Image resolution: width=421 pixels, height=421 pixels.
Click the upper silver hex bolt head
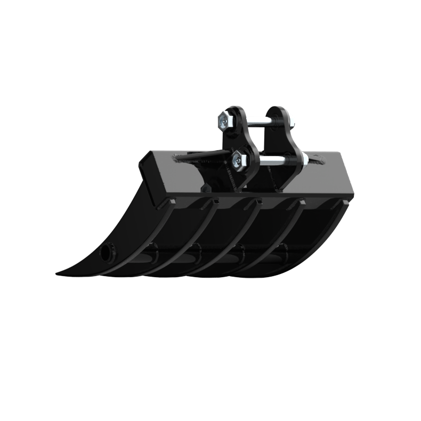click(224, 121)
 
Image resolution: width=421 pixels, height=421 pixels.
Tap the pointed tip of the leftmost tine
click(58, 274)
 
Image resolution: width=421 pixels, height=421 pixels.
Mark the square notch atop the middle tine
click(260, 201)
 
